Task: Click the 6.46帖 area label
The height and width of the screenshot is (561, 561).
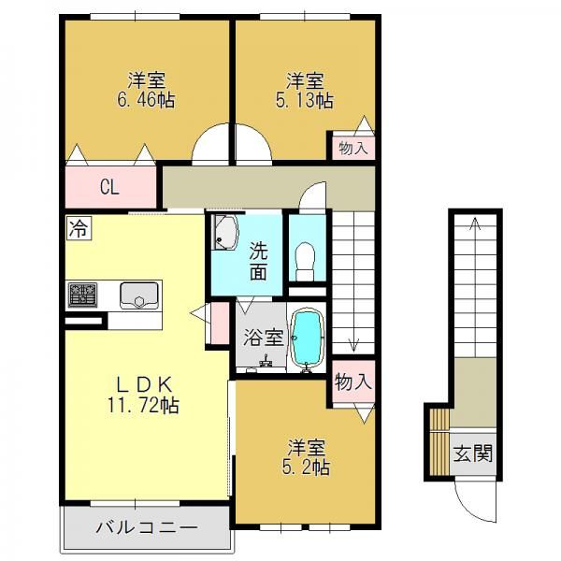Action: point(146,100)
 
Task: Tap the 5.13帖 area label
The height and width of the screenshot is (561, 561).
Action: point(305,100)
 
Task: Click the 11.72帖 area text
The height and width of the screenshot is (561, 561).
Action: point(143,406)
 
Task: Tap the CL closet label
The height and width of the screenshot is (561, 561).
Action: point(109,187)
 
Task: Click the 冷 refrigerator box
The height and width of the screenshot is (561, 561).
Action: point(79,228)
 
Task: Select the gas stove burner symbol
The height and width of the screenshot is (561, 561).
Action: point(82,295)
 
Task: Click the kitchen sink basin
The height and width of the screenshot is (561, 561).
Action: point(139,295)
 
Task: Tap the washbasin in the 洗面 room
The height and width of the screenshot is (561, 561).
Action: point(224,232)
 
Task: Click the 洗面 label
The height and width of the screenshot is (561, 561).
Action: point(258,262)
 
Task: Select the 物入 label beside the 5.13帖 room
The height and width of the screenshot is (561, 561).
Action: point(353,148)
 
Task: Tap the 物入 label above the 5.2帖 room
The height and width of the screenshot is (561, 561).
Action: point(353,383)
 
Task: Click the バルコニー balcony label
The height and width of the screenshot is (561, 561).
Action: point(147,528)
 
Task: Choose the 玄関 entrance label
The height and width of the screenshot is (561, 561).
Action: point(472,453)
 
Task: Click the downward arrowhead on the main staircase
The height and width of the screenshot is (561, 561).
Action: point(353,346)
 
